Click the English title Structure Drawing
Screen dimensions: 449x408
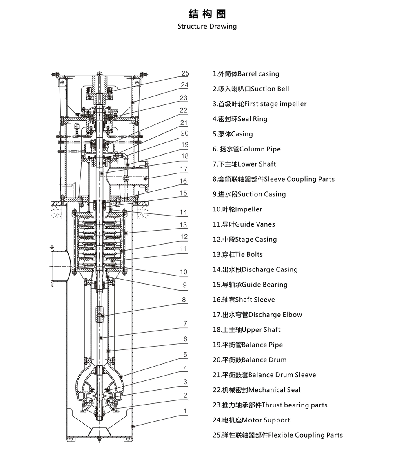click(207, 27)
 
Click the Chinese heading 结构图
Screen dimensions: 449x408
click(207, 14)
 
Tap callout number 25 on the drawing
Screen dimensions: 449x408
click(186, 73)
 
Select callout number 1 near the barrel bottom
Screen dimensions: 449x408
click(186, 411)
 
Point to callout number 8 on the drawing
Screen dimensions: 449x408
click(184, 300)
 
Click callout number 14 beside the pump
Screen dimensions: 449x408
click(184, 212)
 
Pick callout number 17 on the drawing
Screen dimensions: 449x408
click(184, 169)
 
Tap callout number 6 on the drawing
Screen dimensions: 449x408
click(185, 339)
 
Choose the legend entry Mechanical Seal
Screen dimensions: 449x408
click(257, 390)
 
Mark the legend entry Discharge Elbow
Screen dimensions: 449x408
click(257, 315)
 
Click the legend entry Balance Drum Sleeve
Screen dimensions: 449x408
click(264, 375)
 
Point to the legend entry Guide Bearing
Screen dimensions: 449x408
click(250, 285)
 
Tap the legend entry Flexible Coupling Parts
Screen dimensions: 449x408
click(277, 435)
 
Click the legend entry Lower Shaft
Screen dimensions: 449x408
click(244, 164)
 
